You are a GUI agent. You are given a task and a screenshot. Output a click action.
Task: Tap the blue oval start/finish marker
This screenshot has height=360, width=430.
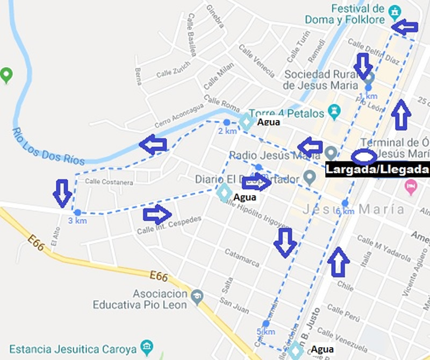[364, 157]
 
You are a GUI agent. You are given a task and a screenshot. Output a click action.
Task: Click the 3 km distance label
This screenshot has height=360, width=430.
[77, 221]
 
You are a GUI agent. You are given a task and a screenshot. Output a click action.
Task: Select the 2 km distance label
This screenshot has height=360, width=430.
[227, 131]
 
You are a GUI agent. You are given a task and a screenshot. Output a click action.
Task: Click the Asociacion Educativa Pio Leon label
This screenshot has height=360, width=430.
[139, 299]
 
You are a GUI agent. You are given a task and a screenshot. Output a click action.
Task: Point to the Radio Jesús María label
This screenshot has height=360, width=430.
[275, 156]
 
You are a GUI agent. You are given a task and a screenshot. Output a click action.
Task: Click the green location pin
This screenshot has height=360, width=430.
[6, 74]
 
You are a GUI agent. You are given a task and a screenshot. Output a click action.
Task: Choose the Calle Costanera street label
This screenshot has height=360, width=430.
[109, 182]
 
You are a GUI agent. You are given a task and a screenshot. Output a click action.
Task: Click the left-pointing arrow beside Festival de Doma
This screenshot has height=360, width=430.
[404, 26]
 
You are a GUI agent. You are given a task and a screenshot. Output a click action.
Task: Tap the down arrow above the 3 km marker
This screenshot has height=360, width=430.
[63, 193]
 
